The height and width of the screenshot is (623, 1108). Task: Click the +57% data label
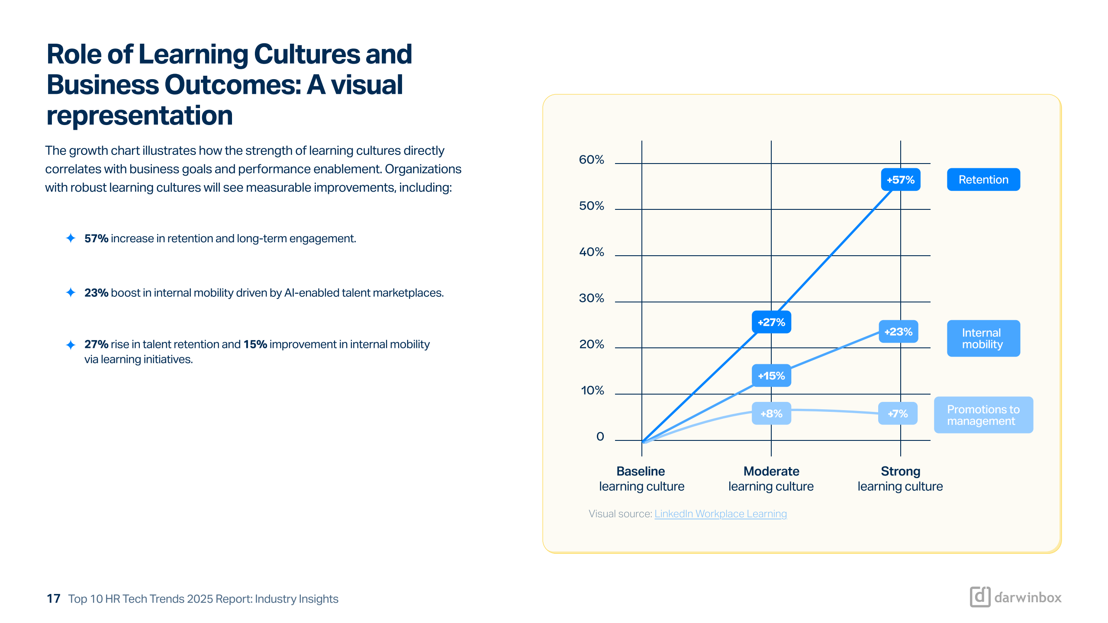tap(900, 180)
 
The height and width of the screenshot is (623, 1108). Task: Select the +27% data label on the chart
tap(771, 322)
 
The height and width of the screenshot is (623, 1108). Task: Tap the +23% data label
tap(898, 332)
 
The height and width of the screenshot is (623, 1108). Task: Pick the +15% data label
tap(771, 376)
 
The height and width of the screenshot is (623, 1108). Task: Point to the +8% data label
tap(771, 414)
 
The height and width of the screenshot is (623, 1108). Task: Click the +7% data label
tap(898, 414)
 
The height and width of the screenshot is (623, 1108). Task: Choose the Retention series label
tap(983, 180)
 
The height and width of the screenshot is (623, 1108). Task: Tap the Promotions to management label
tap(983, 415)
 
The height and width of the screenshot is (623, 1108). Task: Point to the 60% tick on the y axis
tap(591, 160)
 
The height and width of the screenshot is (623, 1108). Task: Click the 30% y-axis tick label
tap(591, 298)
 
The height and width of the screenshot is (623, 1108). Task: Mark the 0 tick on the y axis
tap(600, 437)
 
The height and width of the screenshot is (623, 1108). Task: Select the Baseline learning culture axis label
tap(641, 478)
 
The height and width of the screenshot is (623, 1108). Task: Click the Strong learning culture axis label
tap(900, 478)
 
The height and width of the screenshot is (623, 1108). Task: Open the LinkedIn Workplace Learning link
tap(721, 514)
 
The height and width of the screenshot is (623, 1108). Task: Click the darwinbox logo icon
tap(980, 597)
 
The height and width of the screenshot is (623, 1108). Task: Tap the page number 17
tap(54, 599)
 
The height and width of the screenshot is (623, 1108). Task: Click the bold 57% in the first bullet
tap(96, 238)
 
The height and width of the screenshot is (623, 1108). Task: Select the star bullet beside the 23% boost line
tap(71, 292)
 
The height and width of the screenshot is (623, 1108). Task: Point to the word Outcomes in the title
tap(233, 85)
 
